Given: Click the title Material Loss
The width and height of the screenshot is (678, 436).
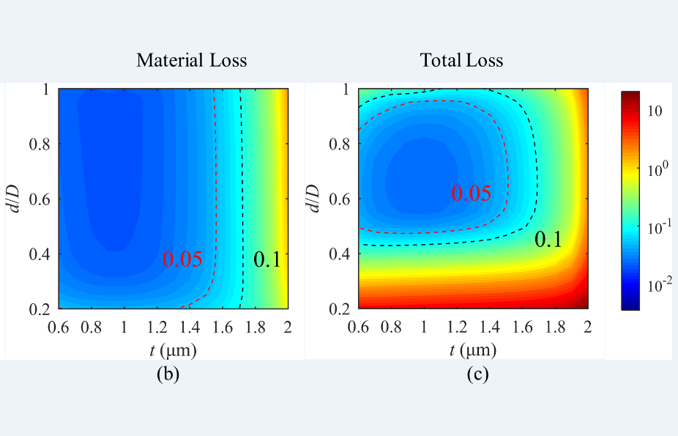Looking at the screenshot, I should [191, 60].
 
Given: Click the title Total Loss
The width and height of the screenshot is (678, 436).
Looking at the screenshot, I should [461, 60].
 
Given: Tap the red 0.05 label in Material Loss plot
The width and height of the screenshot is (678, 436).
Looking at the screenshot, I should [182, 259].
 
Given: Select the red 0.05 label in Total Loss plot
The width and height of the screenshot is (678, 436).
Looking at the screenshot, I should [471, 193].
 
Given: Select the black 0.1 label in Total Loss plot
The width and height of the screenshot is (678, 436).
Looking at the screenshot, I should [548, 239].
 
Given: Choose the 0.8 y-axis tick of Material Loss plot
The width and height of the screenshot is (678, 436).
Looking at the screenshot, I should [40, 144].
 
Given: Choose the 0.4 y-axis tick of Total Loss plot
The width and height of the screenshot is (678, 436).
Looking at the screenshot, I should [339, 254].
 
